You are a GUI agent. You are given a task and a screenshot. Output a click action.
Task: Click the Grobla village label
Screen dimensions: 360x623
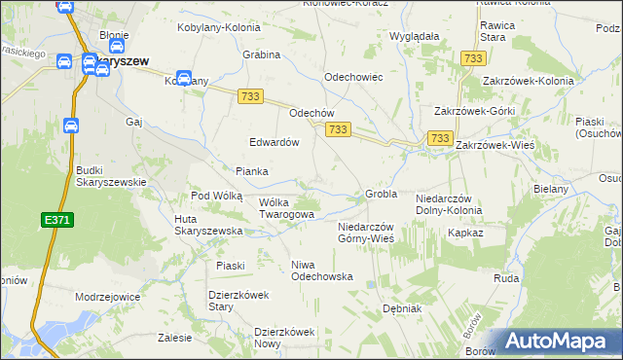point(381,194)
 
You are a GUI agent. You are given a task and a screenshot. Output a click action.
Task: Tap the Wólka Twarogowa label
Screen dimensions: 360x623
point(286,208)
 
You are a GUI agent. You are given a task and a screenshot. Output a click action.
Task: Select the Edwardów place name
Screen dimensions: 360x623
point(274,141)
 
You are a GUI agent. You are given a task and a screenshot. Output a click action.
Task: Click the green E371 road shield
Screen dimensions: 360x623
point(56,222)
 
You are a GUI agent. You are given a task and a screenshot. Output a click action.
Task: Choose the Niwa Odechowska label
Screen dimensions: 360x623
point(321,270)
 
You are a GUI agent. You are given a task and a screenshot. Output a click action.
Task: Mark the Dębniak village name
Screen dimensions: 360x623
point(401,308)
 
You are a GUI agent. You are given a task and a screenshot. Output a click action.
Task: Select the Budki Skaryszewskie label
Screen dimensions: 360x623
point(111,175)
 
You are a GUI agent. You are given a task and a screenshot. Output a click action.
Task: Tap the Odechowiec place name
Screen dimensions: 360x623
point(352,76)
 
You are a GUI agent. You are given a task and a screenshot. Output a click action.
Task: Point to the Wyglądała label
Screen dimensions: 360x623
point(415,36)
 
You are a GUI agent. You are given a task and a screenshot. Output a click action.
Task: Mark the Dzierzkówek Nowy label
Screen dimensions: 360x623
point(285,338)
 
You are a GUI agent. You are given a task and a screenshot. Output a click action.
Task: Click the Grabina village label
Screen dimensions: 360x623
point(262,54)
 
